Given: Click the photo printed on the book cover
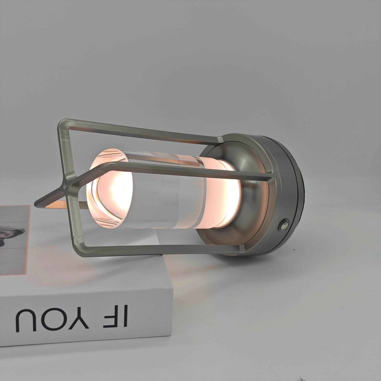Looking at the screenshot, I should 11,237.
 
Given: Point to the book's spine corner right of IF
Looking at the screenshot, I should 173,289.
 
